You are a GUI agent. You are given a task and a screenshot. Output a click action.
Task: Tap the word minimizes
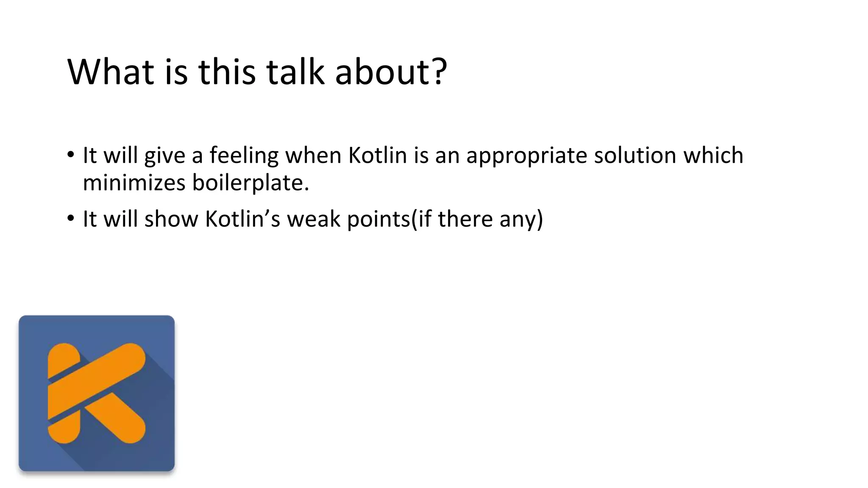[x=134, y=183]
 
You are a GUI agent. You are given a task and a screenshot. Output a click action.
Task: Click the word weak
[x=314, y=219]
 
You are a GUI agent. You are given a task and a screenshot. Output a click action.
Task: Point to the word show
[x=171, y=219]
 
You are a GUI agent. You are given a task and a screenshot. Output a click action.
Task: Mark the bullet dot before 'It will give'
[x=70, y=154]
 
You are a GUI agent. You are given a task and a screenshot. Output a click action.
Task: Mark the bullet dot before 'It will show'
[x=70, y=219]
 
